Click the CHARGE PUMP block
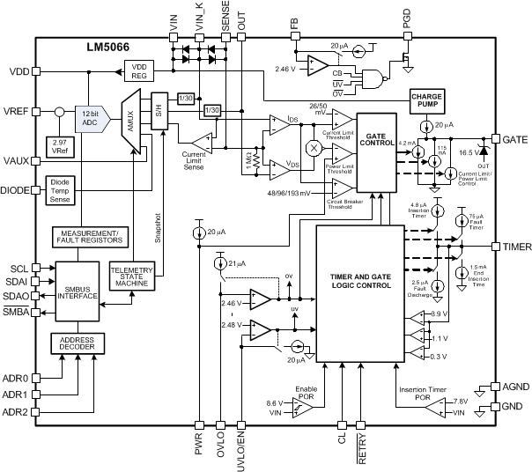(427, 100)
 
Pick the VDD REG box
(139, 70)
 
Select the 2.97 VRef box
(61, 146)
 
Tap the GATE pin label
(514, 140)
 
